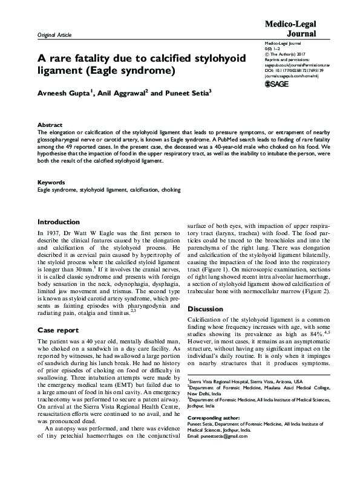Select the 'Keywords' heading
point(51,182)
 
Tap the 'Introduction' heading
point(59,222)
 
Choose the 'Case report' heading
point(57,330)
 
